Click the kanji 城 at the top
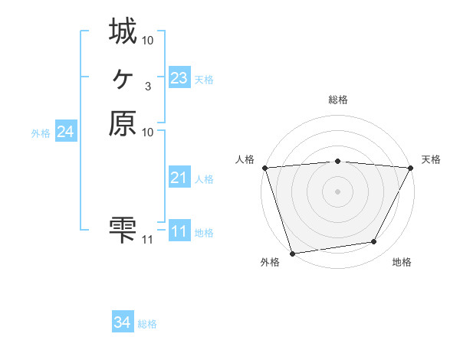[x=123, y=32]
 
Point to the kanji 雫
[x=123, y=229]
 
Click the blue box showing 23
[x=179, y=78]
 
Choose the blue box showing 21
[x=179, y=178]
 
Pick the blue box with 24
[x=66, y=133]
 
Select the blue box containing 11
[x=179, y=231]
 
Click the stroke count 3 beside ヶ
[x=147, y=86]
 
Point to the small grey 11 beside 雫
[x=148, y=240]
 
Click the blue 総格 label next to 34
[x=147, y=324]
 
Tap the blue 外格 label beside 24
[x=41, y=133]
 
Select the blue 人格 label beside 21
[x=204, y=179]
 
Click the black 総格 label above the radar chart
[x=337, y=100]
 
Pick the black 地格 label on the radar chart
[x=402, y=263]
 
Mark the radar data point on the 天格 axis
[x=410, y=167]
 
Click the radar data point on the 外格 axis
[x=293, y=253]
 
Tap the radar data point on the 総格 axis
[x=337, y=161]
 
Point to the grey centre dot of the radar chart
[x=337, y=191]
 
